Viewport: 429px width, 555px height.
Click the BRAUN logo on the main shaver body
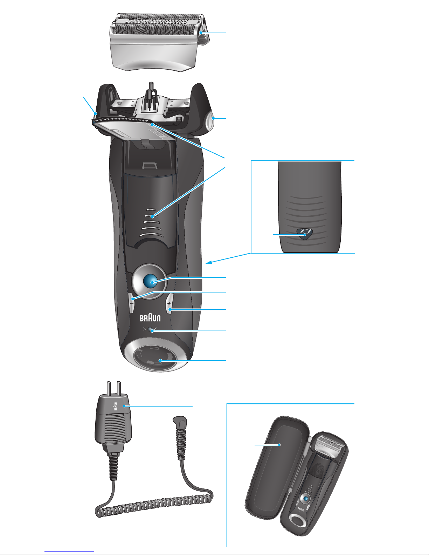150,318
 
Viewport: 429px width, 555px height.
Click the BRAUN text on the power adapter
115,406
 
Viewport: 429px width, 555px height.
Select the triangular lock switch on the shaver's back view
305,233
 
